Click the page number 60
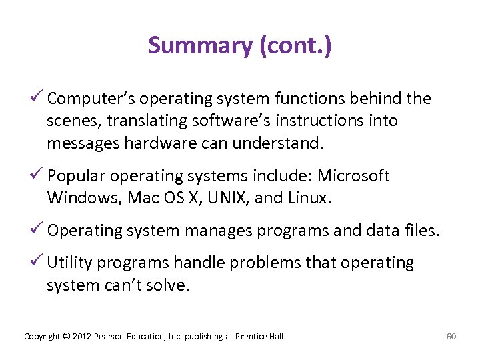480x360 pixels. click(x=451, y=336)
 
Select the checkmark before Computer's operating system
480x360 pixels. click(x=38, y=99)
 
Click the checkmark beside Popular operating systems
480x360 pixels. click(x=38, y=175)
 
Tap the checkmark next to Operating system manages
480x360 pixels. click(x=38, y=231)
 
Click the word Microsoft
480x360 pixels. click(x=353, y=176)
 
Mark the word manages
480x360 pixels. click(x=217, y=231)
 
